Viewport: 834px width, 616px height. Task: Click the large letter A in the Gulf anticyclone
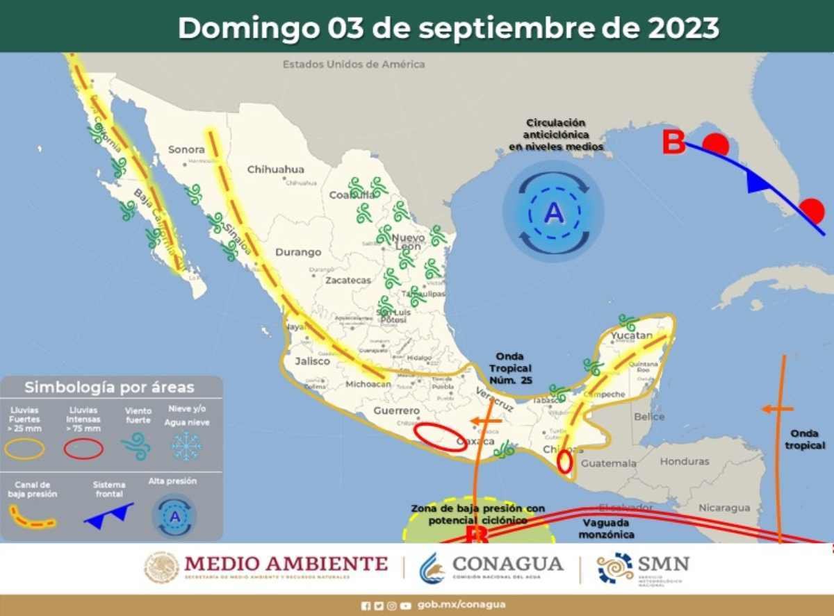(553, 212)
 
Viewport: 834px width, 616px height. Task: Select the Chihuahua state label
(276, 169)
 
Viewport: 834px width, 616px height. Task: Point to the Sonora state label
(186, 149)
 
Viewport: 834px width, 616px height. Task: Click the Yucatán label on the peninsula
(632, 336)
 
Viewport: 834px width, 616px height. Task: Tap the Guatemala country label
(608, 463)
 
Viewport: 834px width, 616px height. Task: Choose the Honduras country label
(685, 461)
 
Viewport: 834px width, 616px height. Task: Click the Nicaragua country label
(724, 508)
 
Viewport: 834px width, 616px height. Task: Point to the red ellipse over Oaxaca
(441, 437)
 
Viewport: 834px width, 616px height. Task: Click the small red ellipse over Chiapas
(564, 462)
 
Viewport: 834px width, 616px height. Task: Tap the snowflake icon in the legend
(186, 445)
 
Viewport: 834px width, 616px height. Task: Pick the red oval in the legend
(83, 449)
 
